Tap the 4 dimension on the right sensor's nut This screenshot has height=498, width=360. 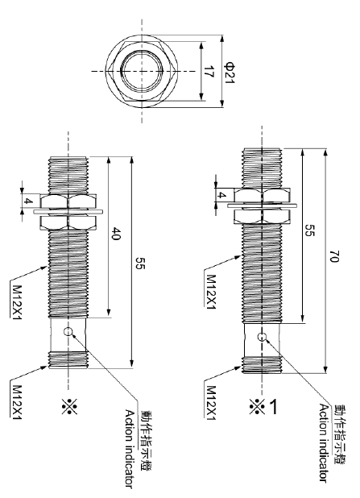point(220,194)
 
